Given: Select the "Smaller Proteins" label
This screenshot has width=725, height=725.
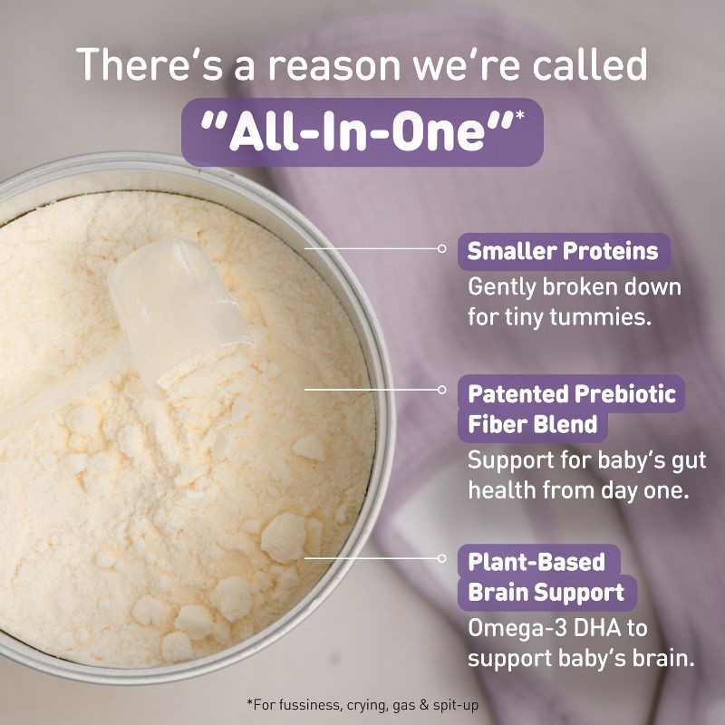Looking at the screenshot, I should click(x=563, y=251).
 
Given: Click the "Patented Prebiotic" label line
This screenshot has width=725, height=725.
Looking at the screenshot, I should click(x=571, y=393).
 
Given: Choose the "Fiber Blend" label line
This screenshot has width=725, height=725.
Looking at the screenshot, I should click(x=532, y=423).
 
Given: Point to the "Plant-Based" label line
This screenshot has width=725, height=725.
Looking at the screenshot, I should click(x=536, y=561).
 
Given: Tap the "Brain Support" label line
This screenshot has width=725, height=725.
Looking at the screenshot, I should click(x=546, y=593).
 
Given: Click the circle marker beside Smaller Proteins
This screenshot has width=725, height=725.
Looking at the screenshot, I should click(x=442, y=246).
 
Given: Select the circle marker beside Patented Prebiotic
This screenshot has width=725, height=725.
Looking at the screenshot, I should click(x=442, y=389).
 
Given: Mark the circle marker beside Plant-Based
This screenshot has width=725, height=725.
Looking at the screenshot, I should click(x=442, y=558).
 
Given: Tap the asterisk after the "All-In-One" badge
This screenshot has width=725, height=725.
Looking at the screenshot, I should click(x=520, y=116).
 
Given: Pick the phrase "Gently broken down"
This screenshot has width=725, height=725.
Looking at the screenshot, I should click(x=574, y=287).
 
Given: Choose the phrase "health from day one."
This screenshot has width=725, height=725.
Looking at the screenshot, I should click(x=577, y=489).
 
